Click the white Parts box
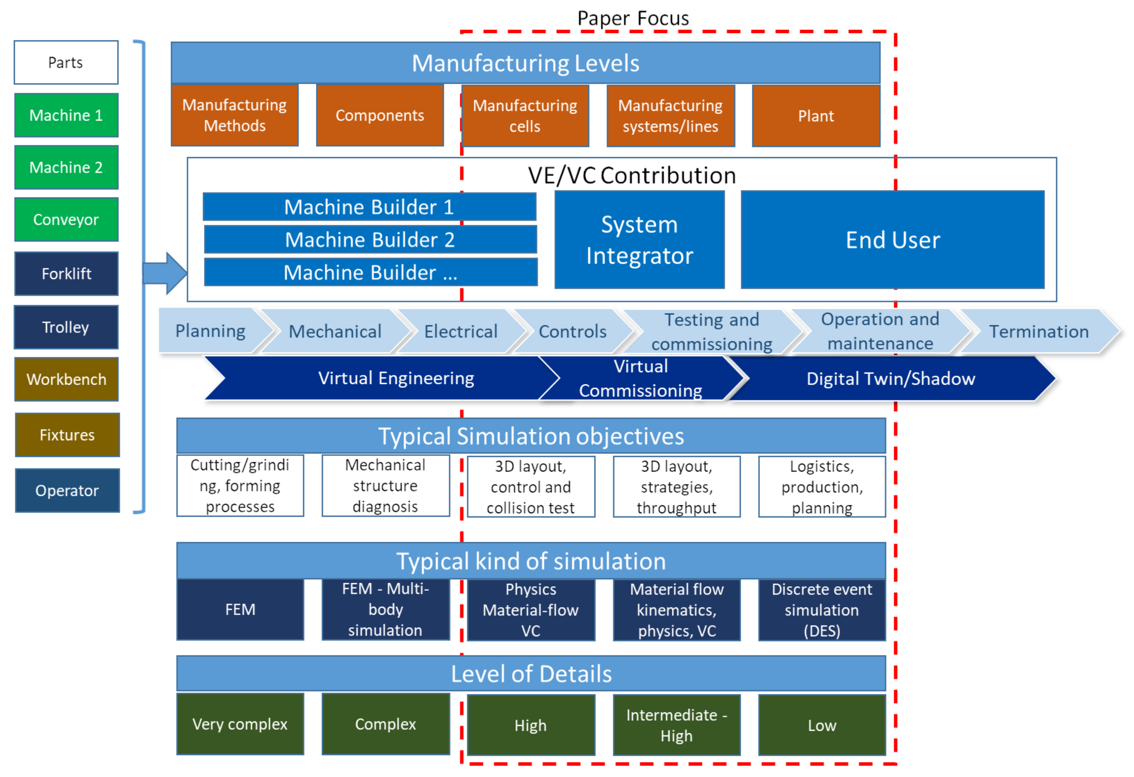[66, 62]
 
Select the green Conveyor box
[66, 219]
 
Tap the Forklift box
[66, 273]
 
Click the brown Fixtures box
[67, 435]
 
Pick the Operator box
[67, 490]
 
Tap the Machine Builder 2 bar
[370, 239]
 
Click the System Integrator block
[639, 239]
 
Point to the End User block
[892, 239]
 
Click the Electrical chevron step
[460, 331]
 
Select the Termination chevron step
[1038, 331]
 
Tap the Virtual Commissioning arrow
[640, 379]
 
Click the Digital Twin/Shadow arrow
[890, 379]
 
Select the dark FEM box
[240, 609]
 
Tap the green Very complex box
[240, 724]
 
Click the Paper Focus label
[633, 18]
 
